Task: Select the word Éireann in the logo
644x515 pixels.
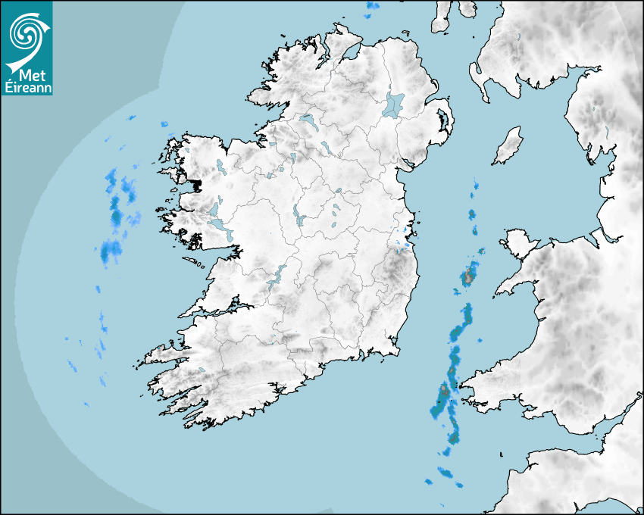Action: pos(27,87)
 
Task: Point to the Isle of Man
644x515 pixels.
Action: pos(508,146)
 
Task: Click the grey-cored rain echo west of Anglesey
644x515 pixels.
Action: pos(470,275)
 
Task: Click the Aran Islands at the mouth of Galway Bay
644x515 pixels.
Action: pos(195,263)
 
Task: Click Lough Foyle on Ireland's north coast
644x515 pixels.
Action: pos(352,53)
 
